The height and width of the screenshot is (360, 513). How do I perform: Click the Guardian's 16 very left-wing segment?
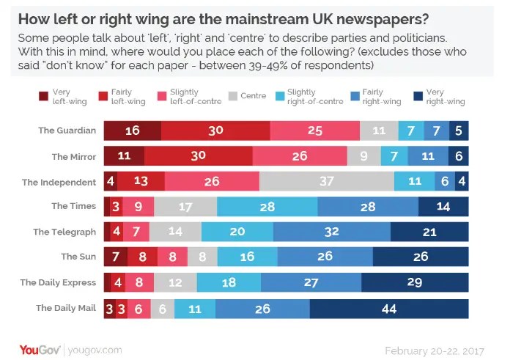132,131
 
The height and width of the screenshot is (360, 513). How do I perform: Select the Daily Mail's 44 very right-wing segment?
389,308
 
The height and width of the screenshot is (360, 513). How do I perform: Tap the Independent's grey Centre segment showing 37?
326,182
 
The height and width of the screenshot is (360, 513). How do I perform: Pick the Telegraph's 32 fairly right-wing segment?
331,232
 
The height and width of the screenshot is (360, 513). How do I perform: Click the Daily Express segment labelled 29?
415,282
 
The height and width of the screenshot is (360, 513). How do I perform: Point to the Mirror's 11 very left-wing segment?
124,156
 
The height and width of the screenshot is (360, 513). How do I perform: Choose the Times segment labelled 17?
185,207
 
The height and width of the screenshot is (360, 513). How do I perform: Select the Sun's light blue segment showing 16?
247,257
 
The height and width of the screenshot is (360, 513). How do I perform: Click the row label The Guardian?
67,131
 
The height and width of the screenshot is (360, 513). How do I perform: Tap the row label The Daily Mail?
66,308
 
